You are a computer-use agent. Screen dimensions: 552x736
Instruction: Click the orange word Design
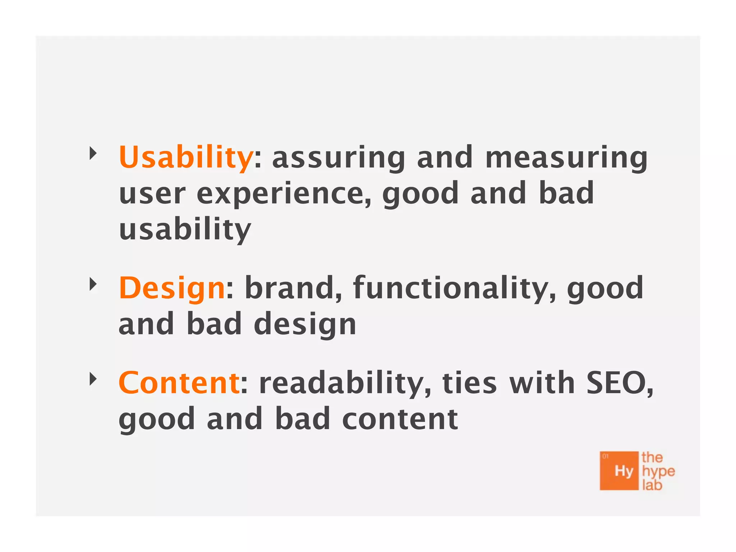[x=172, y=288]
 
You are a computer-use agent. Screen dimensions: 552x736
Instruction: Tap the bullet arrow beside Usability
[x=93, y=153]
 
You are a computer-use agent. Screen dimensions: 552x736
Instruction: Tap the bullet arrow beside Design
[x=93, y=285]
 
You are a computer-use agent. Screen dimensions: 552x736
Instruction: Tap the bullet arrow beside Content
[x=93, y=379]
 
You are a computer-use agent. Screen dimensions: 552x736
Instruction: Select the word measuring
[x=566, y=158]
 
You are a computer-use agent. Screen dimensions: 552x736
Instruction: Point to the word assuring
[x=339, y=158]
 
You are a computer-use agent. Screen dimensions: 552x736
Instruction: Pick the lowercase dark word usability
[x=185, y=230]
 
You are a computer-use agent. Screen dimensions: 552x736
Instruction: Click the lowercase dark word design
[x=305, y=325]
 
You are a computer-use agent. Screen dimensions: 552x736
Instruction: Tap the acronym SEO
[x=619, y=383]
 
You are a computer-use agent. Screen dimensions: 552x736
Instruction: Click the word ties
[x=469, y=383]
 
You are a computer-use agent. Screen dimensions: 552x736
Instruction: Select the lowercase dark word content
[x=400, y=419]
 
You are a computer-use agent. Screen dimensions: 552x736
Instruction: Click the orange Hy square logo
[x=619, y=471]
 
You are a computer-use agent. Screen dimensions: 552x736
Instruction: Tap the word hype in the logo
[x=658, y=471]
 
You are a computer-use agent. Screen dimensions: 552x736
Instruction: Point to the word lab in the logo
[x=652, y=485]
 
